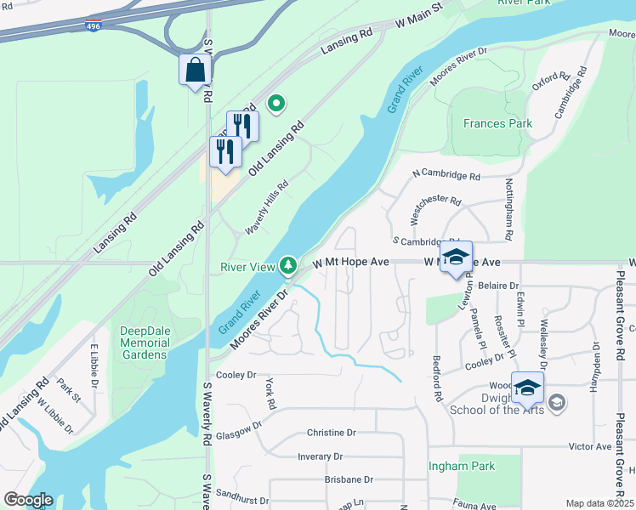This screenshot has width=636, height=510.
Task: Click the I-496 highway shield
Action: (94, 26)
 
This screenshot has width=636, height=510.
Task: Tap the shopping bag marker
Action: (195, 71)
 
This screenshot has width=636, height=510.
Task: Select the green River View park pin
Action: (289, 266)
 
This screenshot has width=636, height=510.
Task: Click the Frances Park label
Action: (497, 123)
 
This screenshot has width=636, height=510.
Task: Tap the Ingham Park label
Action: (462, 466)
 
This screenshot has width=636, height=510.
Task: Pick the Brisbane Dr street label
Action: (349, 479)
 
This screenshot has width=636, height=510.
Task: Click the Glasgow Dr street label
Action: (233, 433)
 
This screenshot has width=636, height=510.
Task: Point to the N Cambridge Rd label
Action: (446, 175)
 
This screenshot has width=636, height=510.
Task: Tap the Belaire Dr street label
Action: (498, 286)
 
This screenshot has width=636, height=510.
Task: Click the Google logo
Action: (28, 500)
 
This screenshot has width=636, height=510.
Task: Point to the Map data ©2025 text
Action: (599, 503)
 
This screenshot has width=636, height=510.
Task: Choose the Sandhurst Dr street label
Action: (242, 501)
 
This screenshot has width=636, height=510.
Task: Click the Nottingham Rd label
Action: (509, 207)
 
